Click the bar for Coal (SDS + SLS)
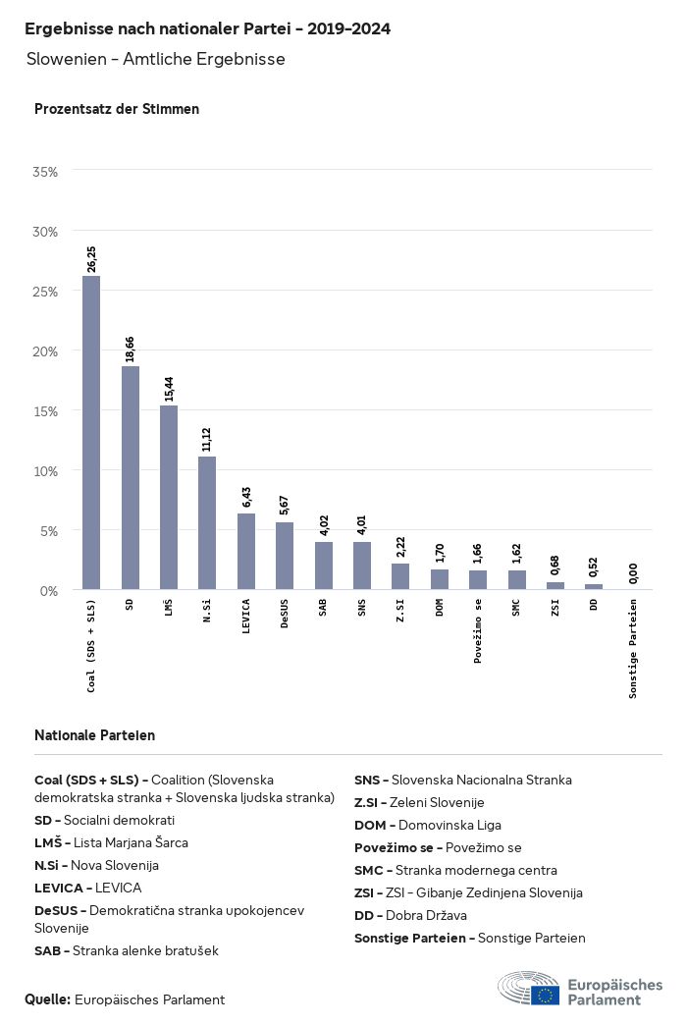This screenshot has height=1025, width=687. pyautogui.click(x=91, y=433)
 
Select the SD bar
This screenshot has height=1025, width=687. pyautogui.click(x=130, y=478)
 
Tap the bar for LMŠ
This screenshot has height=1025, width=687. pyautogui.click(x=169, y=498)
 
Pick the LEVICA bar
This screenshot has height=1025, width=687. pyautogui.click(x=246, y=552)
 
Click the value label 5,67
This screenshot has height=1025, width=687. pyautogui.click(x=285, y=504)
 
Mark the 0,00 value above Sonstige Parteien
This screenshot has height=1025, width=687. pyautogui.click(x=633, y=573)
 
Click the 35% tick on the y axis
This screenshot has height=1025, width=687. pyautogui.click(x=46, y=172)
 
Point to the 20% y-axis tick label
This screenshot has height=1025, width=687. pyautogui.click(x=46, y=351)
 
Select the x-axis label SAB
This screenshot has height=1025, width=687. pyautogui.click(x=323, y=609)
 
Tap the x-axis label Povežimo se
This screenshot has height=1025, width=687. pyautogui.click(x=478, y=630)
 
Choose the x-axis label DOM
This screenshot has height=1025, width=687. pyautogui.click(x=440, y=609)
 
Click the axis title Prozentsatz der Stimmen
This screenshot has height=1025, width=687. pyautogui.click(x=117, y=109)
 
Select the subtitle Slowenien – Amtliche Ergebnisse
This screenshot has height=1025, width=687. pyautogui.click(x=156, y=59)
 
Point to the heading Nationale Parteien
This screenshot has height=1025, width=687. pyautogui.click(x=94, y=735)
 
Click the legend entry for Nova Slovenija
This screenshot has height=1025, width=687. pyautogui.click(x=96, y=865)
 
